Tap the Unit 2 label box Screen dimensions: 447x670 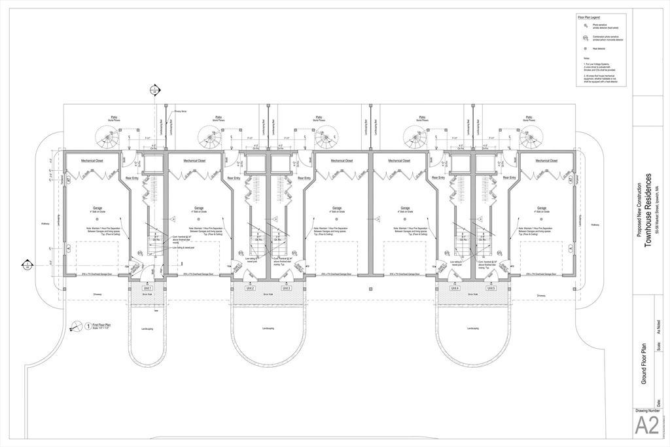coord(250,288)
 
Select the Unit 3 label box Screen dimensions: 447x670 coord(286,288)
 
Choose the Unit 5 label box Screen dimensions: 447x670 coord(491,288)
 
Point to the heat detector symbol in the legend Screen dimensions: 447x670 coord(586,48)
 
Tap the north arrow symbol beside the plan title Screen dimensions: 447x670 coord(79,325)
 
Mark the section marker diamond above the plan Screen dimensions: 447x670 coord(154,90)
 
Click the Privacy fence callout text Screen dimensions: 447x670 coord(180,113)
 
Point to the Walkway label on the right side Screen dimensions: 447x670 coord(594,224)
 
